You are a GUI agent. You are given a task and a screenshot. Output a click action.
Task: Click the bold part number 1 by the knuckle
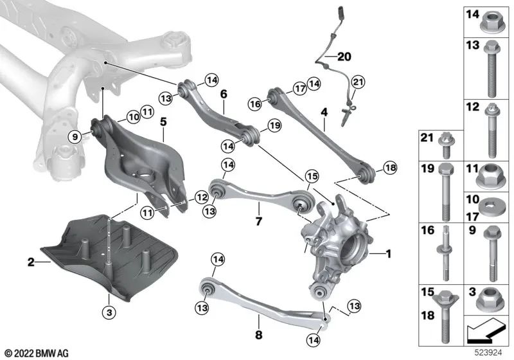pyautogui.click(x=388, y=254)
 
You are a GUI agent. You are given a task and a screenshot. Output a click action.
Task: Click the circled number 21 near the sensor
pyautogui.click(x=357, y=81)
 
